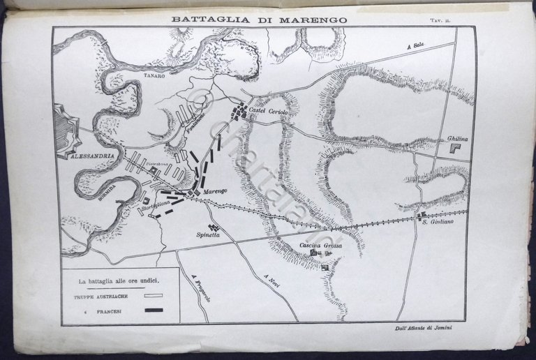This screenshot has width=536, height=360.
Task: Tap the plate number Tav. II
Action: tap(459, 22)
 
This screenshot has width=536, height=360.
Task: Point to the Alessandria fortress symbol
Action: tap(67, 130)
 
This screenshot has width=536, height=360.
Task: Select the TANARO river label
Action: tap(155, 79)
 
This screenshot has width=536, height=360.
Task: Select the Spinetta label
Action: tap(208, 235)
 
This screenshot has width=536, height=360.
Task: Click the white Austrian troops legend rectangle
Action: tap(153, 297)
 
